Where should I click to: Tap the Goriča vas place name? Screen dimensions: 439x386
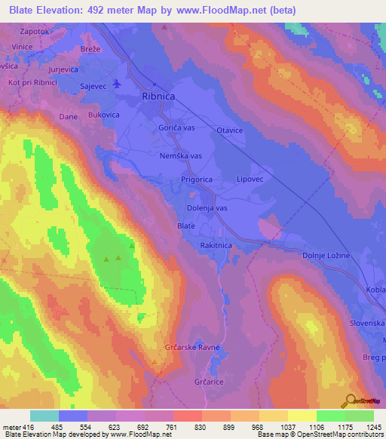pyautogui.click(x=176, y=128)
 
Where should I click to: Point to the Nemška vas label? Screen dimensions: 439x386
pyautogui.click(x=182, y=155)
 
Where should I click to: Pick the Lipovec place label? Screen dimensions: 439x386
pyautogui.click(x=250, y=180)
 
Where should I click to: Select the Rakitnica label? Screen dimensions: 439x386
pyautogui.click(x=216, y=245)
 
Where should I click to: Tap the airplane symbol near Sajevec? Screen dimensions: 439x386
pyautogui.click(x=115, y=84)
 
